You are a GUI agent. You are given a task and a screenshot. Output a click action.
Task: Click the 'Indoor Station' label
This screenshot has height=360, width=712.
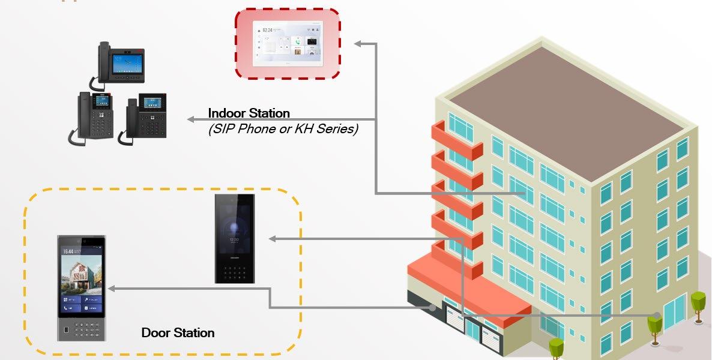pos(249,113)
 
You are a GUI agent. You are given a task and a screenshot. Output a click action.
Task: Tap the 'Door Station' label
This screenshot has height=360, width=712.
pos(178,332)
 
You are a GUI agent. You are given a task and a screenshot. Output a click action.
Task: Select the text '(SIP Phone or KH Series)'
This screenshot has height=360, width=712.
pos(283,128)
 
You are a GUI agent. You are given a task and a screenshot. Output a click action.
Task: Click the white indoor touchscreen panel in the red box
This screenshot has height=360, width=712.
pos(288,43)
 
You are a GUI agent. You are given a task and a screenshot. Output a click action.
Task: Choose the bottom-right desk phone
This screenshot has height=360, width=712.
pos(144,117)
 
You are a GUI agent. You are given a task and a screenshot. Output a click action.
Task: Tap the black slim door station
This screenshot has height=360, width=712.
pos(235,238)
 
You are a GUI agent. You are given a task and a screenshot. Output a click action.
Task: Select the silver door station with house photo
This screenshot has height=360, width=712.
pos(82,287)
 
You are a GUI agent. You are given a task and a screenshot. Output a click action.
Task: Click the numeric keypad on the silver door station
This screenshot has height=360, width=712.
pos(85,328)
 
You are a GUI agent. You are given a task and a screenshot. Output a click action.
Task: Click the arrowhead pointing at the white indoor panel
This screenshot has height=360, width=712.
pos(358,43)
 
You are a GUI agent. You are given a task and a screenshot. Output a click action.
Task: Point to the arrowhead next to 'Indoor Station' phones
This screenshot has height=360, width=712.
pos(191,119)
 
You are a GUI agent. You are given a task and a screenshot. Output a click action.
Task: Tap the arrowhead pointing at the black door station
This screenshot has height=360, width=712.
pos(272,239)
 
